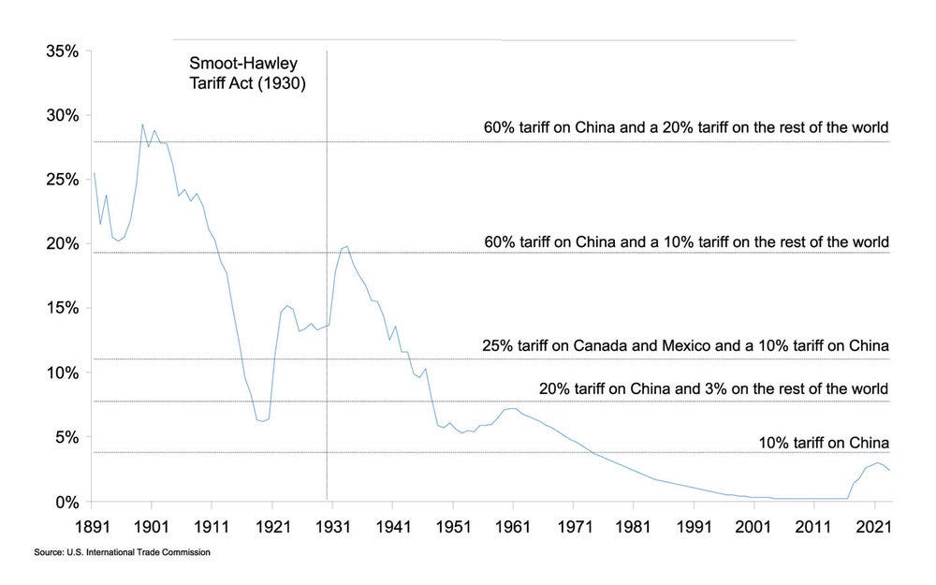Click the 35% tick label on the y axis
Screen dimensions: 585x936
click(63, 51)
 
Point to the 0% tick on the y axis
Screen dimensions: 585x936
click(66, 502)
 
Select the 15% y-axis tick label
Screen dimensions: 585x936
click(63, 308)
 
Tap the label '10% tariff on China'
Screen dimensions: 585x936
click(823, 443)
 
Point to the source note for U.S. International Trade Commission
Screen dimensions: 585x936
click(122, 553)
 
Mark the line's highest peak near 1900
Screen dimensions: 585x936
click(142, 124)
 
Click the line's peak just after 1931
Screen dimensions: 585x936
click(347, 246)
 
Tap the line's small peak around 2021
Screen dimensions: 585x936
click(877, 462)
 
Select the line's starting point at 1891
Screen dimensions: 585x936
click(95, 173)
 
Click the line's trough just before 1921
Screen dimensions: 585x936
click(263, 421)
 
